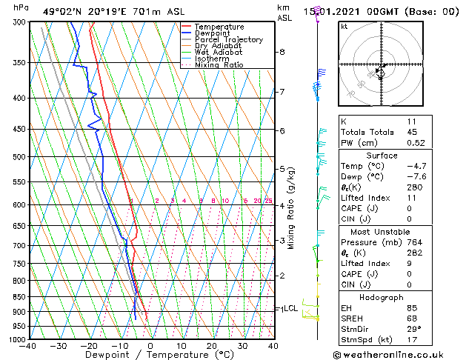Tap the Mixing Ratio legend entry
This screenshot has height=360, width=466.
click(219, 65)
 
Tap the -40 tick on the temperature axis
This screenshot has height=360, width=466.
click(28, 346)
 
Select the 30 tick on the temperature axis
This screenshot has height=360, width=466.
click(242, 346)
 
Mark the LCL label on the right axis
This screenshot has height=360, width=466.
click(290, 308)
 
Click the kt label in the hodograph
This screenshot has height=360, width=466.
click(344, 27)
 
